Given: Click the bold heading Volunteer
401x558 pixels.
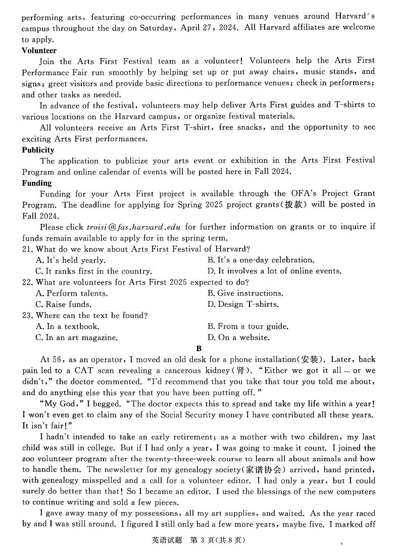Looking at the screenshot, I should [39, 50].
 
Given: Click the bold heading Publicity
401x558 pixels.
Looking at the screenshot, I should [38, 150].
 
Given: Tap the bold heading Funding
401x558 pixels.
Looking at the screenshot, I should [37, 183].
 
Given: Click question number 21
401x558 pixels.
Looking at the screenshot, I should [27, 249].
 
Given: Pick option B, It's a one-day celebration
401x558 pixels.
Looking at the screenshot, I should [261, 260].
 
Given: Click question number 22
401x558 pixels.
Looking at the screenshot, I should [27, 283].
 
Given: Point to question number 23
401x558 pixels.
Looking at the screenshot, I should [27, 316].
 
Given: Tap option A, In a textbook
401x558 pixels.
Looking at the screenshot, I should [67, 327].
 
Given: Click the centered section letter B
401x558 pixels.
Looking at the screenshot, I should [199, 349].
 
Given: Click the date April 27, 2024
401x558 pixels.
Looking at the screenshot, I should [212, 28].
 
